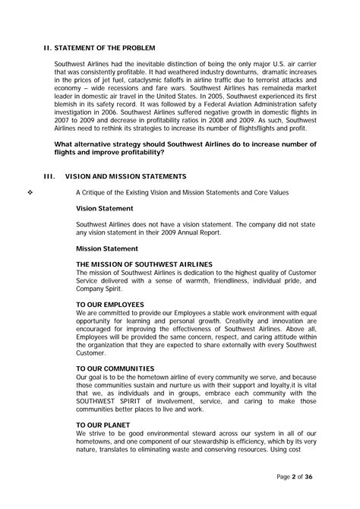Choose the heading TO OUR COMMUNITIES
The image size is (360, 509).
click(119, 367)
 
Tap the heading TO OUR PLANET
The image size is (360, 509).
click(108, 424)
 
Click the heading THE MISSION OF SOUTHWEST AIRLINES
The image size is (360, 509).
click(144, 264)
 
